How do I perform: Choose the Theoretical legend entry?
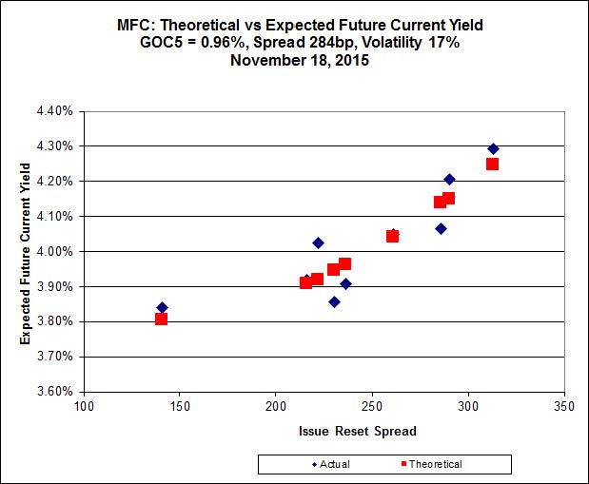[x=430, y=464]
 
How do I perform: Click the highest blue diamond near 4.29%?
[x=493, y=148]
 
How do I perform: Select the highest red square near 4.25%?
[x=492, y=164]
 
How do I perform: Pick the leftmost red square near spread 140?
[x=162, y=319]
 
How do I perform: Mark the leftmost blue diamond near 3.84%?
[x=162, y=307]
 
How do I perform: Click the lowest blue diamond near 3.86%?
[x=334, y=301]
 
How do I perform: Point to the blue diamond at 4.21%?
[x=449, y=180]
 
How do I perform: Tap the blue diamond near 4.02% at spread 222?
[x=318, y=243]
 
